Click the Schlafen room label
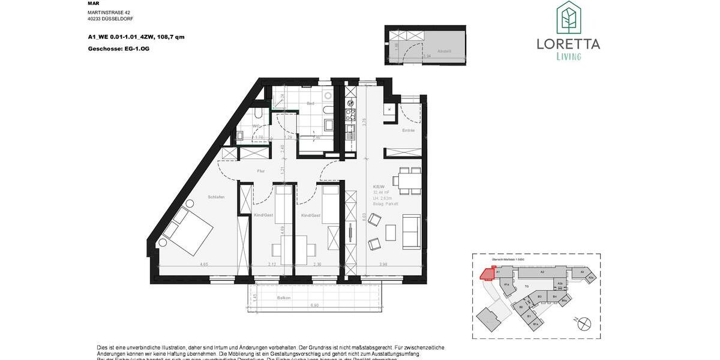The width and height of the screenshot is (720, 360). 216,197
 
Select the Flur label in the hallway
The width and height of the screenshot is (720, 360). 261,171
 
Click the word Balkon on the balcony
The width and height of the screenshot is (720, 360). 284,298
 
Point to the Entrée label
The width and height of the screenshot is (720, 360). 408,130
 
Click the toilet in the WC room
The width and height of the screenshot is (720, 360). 258,113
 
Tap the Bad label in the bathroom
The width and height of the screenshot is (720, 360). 310,103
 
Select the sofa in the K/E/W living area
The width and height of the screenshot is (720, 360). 412,231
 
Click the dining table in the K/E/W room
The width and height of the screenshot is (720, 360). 409,181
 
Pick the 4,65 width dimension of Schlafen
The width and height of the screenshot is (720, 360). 204,264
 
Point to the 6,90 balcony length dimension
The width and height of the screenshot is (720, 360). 314,305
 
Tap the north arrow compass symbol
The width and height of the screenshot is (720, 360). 583,323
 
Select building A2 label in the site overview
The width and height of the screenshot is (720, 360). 541,272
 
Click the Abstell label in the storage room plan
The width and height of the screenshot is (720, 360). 444,51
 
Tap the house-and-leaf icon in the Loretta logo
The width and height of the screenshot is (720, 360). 568,18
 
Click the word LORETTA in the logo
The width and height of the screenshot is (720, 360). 568,44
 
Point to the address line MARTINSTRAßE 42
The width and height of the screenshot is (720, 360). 109,12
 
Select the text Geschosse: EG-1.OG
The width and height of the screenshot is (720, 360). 118,48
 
